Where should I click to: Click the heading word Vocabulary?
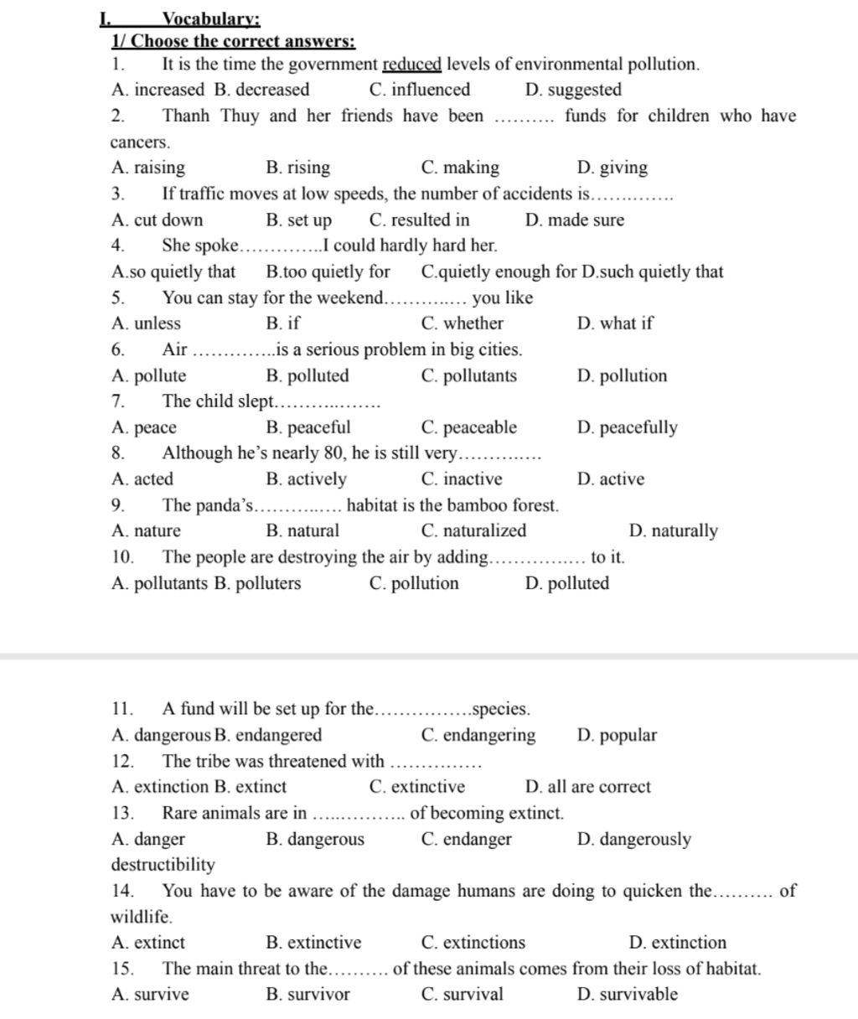point(210,19)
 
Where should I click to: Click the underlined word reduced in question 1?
point(411,65)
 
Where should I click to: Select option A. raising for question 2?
point(148,168)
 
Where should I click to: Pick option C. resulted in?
point(419,220)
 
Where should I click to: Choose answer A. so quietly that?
point(173,272)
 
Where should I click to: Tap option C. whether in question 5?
point(463,323)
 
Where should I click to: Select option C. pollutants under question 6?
point(469,375)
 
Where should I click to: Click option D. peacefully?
point(627,427)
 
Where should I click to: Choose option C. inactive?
point(462,479)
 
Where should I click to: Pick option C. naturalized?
point(474,530)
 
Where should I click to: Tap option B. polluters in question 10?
point(257,583)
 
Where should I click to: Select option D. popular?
point(617,736)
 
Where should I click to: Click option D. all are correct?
point(587,787)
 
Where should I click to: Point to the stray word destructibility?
point(163,865)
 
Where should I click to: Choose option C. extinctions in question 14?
point(473,943)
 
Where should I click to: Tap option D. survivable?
point(628,995)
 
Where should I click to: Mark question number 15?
point(122,969)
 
